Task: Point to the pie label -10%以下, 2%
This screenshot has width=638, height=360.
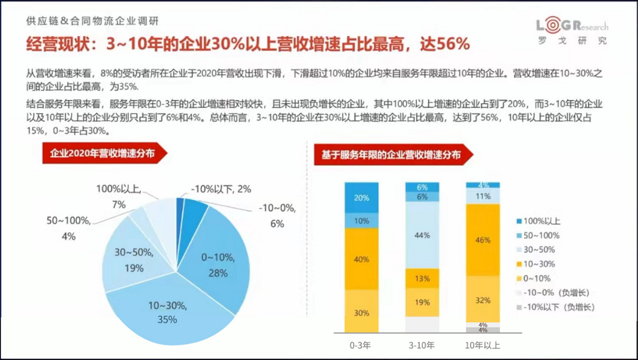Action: pos(221,190)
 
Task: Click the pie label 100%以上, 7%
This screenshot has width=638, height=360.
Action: pos(119,197)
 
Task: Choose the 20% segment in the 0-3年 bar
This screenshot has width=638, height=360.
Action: pos(361,198)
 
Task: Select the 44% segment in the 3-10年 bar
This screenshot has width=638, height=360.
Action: pos(423,235)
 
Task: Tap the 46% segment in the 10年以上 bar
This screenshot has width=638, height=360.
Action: pos(483,240)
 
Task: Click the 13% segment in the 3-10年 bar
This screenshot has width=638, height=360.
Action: pos(423,278)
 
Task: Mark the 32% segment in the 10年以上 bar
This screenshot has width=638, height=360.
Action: pos(483,300)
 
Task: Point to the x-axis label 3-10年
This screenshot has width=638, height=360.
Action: pos(423,345)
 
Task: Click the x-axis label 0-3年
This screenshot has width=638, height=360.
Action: pos(361,345)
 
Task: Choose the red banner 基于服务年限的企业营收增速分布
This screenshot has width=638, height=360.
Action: pos(390,155)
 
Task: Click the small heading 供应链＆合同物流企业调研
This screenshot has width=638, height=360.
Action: pos(94,21)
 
